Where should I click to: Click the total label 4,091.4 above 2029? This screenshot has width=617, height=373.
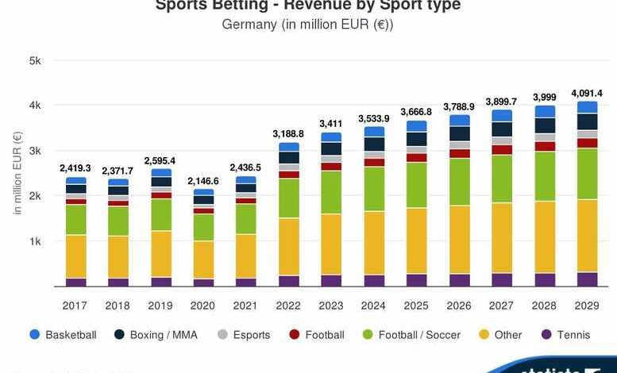click(588, 93)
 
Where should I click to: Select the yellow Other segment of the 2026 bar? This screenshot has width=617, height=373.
click(460, 240)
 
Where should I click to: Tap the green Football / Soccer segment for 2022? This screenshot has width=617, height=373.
click(289, 198)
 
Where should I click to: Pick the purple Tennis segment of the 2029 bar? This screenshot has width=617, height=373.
click(588, 279)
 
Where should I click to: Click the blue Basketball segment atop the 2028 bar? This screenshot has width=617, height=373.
click(546, 111)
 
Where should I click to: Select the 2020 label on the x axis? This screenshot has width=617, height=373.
click(203, 305)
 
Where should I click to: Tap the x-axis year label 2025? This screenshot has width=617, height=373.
click(417, 305)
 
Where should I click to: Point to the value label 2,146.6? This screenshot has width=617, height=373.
click(203, 181)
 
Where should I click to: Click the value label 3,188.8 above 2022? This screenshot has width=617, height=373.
click(289, 134)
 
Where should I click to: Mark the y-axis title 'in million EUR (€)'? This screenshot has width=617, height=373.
click(17, 173)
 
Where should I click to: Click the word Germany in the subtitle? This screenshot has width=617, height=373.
click(249, 24)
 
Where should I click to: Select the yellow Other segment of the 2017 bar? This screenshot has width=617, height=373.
click(76, 256)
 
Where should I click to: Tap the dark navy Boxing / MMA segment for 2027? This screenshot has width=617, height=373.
click(502, 129)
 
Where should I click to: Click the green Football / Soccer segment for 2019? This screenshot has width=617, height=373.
click(161, 214)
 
